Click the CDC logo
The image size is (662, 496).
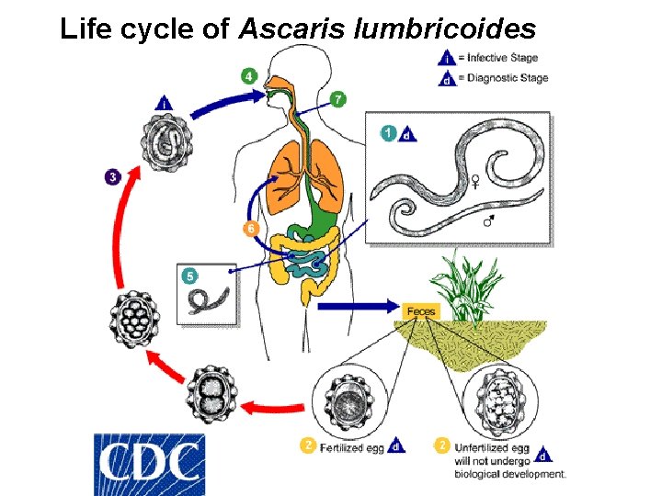(150, 464)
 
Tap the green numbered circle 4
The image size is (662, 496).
(248, 75)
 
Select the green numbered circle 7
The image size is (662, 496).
(338, 98)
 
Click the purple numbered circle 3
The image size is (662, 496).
(111, 175)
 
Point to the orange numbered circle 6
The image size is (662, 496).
(248, 228)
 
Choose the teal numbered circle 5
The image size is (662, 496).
(189, 275)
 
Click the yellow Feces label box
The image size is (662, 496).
(421, 312)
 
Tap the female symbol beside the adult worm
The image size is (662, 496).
(475, 181)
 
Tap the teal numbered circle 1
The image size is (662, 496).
(389, 133)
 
